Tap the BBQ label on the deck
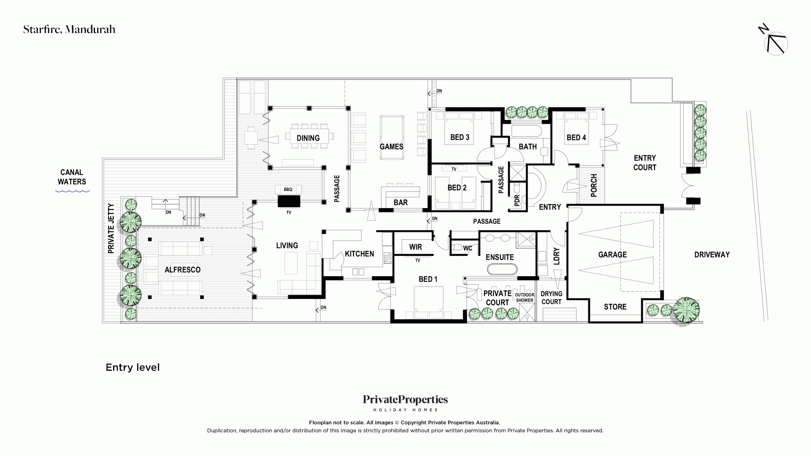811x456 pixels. tap(288, 189)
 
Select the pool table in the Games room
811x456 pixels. tap(392, 137)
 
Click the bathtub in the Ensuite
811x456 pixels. tap(502, 269)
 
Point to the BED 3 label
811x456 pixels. tap(460, 137)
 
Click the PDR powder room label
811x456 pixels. tap(517, 200)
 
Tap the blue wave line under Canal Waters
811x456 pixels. tap(73, 191)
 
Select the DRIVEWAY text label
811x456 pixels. tap(712, 255)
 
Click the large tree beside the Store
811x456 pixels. tap(686, 310)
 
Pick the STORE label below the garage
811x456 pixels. tap(615, 307)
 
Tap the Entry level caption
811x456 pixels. tap(132, 367)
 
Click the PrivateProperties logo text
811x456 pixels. tap(405, 400)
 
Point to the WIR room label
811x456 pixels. tap(415, 247)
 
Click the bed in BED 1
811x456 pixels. tap(429, 302)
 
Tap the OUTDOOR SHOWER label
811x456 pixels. tap(525, 297)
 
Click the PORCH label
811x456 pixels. tap(594, 185)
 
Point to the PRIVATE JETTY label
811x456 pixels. tap(111, 228)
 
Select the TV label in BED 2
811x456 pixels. tap(454, 169)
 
